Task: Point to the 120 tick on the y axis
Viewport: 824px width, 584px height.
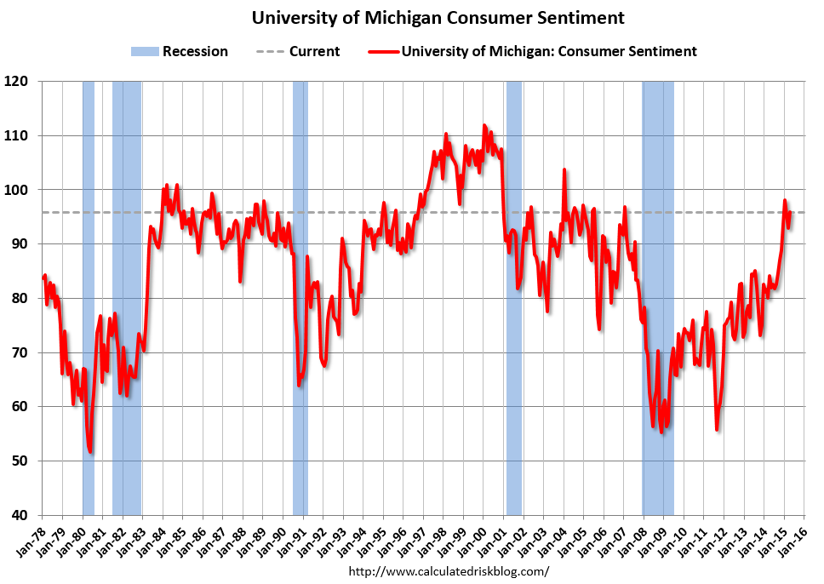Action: coord(17,82)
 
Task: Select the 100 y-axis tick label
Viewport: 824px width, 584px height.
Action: coord(17,190)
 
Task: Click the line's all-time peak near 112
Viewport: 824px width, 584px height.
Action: coord(484,126)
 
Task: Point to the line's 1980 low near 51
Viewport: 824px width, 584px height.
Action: coord(90,452)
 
